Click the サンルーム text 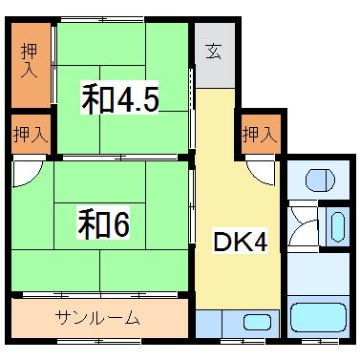pyautogui.click(x=98, y=318)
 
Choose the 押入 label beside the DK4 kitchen pyautogui.click(x=259, y=135)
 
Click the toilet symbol pyautogui.click(x=320, y=179)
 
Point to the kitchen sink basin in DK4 pyautogui.click(x=255, y=322)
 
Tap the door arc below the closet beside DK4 pyautogui.click(x=259, y=170)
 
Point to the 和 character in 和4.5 pyautogui.click(x=95, y=100)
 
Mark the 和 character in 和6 pyautogui.click(x=92, y=226)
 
